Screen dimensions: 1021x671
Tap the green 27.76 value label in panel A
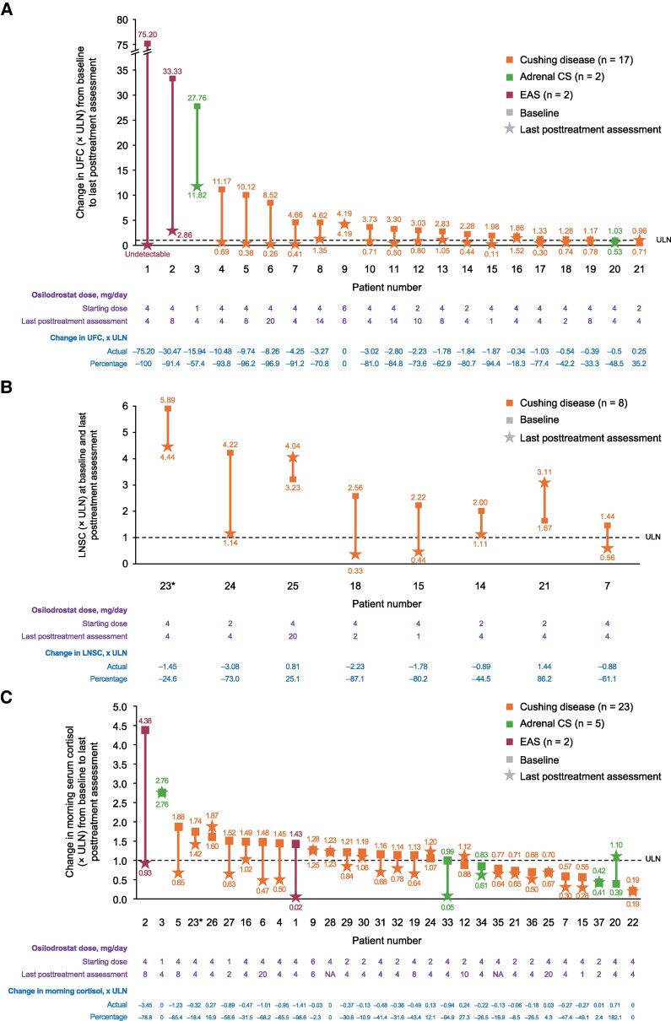198,98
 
